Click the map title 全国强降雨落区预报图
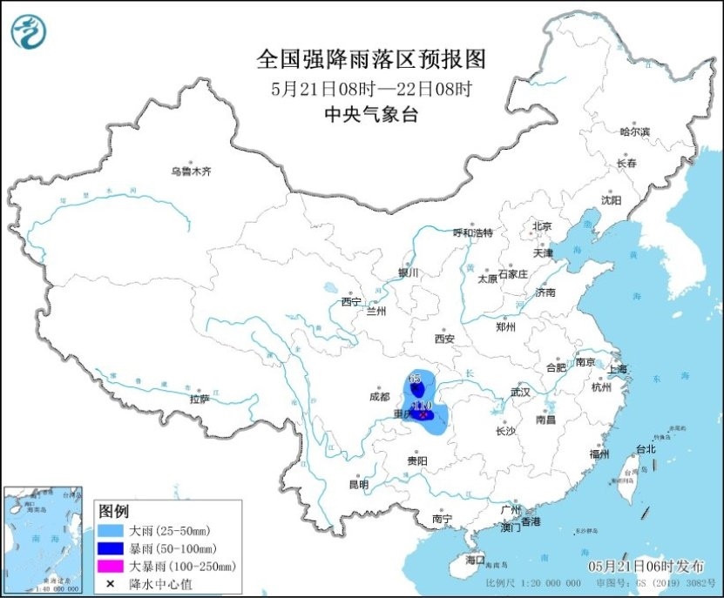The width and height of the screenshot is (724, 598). point(370,59)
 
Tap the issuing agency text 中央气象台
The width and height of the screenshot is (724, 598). point(370,113)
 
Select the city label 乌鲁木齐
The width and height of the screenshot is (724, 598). point(191,171)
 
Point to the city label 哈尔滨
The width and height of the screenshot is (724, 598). point(634,131)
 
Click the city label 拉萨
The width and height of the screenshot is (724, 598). point(200,399)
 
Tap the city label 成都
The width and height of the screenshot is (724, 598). point(380,396)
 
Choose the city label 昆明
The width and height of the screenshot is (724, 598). point(358,484)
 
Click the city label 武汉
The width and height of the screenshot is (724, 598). point(520,392)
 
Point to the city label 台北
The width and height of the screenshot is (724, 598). point(646,449)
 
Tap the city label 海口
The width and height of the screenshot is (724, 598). point(475,558)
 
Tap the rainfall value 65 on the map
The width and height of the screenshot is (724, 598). point(416,378)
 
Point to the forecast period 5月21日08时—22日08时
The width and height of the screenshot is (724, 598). point(370,88)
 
